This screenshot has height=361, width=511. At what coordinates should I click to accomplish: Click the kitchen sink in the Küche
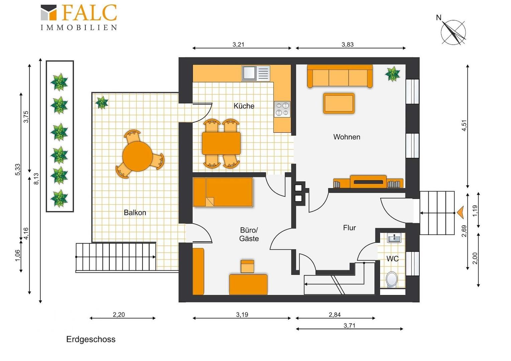(256, 73)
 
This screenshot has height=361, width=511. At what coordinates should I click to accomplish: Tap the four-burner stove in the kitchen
(282, 109)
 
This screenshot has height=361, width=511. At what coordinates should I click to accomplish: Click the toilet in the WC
(392, 279)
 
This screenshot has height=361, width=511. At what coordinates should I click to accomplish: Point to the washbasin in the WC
(394, 238)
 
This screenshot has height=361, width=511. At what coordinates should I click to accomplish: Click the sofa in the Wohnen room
(340, 76)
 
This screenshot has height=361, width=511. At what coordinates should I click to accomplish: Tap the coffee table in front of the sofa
(339, 103)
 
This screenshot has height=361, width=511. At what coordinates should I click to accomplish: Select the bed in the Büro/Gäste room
(223, 192)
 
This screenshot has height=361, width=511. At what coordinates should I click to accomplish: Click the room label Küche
(244, 106)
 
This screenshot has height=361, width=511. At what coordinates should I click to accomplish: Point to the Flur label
(349, 228)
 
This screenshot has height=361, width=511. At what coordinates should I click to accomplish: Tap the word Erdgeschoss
(91, 339)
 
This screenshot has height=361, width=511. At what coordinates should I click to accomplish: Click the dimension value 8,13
(36, 178)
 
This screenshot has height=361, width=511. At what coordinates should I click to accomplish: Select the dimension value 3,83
(347, 44)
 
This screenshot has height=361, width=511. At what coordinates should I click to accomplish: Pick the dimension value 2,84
(335, 315)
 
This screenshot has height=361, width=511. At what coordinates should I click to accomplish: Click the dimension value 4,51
(464, 125)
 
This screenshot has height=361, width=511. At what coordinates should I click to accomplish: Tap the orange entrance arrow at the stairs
(460, 212)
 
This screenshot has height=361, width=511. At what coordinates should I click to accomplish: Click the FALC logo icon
(48, 12)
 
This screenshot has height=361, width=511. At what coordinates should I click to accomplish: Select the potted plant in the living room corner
(392, 74)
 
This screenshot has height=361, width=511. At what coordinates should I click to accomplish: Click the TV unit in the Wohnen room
(368, 182)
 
